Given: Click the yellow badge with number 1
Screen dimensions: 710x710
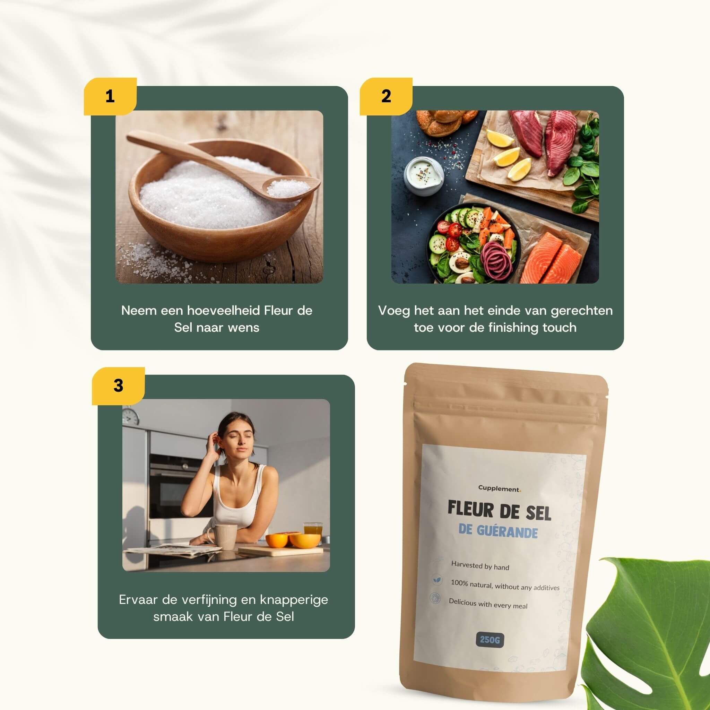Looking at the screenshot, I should click(x=110, y=96).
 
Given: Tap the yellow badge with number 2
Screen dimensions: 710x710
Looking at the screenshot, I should click(x=386, y=96).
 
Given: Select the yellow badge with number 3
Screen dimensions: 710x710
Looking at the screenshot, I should click(x=118, y=386).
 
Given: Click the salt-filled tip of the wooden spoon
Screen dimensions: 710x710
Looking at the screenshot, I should click(x=288, y=188).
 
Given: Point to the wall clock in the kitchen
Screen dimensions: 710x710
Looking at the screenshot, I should click(x=131, y=417).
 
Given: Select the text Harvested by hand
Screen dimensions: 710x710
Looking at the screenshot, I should click(x=480, y=566).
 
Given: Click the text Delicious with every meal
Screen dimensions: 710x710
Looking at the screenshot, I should click(x=488, y=604).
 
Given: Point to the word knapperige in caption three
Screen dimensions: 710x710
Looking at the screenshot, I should click(x=294, y=600).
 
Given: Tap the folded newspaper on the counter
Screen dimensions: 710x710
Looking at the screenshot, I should click(x=173, y=550).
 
